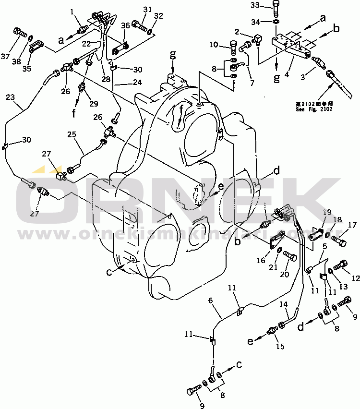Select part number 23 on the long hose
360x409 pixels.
pyautogui.click(x=11, y=97)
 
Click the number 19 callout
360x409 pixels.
pyautogui.click(x=326, y=212)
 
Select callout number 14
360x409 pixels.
pyautogui.click(x=284, y=304)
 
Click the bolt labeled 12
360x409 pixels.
pyautogui.click(x=342, y=264)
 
